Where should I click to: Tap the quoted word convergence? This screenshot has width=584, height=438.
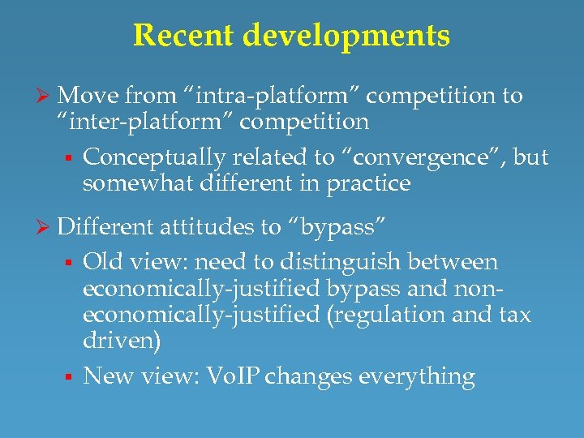pyautogui.click(x=379, y=157)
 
